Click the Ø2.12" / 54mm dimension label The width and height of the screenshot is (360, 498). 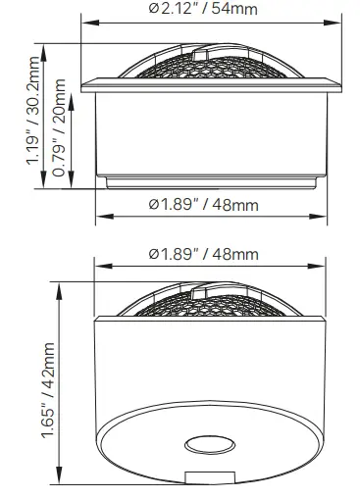click(x=204, y=10)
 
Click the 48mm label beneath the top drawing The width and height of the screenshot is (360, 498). click(x=204, y=204)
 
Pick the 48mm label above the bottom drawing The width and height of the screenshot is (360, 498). click(x=204, y=254)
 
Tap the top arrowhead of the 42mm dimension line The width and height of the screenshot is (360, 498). click(x=64, y=282)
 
